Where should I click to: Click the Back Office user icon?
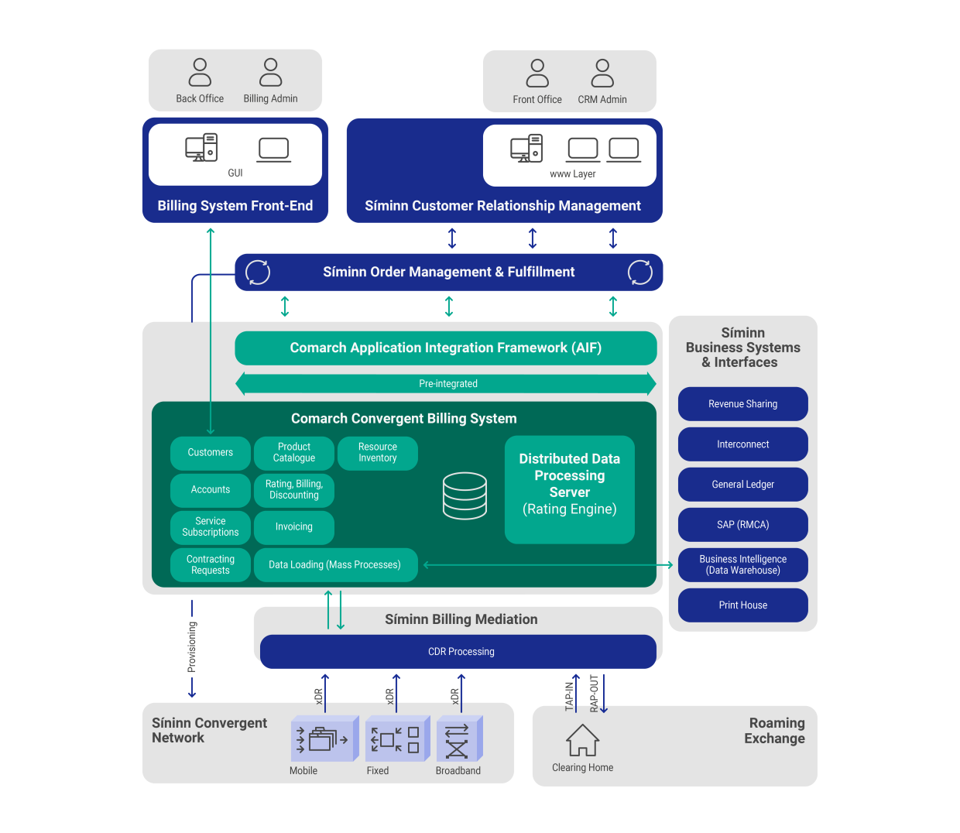[x=200, y=72]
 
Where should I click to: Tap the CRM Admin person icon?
[x=602, y=73]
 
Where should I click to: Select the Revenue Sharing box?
[x=742, y=404]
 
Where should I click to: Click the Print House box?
[x=742, y=605]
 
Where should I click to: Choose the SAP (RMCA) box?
[x=742, y=525]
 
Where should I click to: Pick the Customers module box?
[x=211, y=453]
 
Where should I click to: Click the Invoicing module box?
[x=294, y=527]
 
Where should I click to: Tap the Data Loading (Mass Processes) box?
[x=335, y=565]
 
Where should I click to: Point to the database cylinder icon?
[x=465, y=495]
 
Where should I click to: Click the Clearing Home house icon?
[x=582, y=740]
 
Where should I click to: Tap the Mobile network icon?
[x=323, y=739]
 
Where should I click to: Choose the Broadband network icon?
[x=458, y=739]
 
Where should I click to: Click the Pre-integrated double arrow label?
[x=447, y=384]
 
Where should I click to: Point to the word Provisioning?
[x=192, y=647]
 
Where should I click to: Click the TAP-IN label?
[x=570, y=696]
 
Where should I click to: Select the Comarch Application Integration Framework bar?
[x=446, y=348]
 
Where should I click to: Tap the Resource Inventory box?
[x=378, y=453]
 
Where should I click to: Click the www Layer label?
[x=573, y=174]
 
